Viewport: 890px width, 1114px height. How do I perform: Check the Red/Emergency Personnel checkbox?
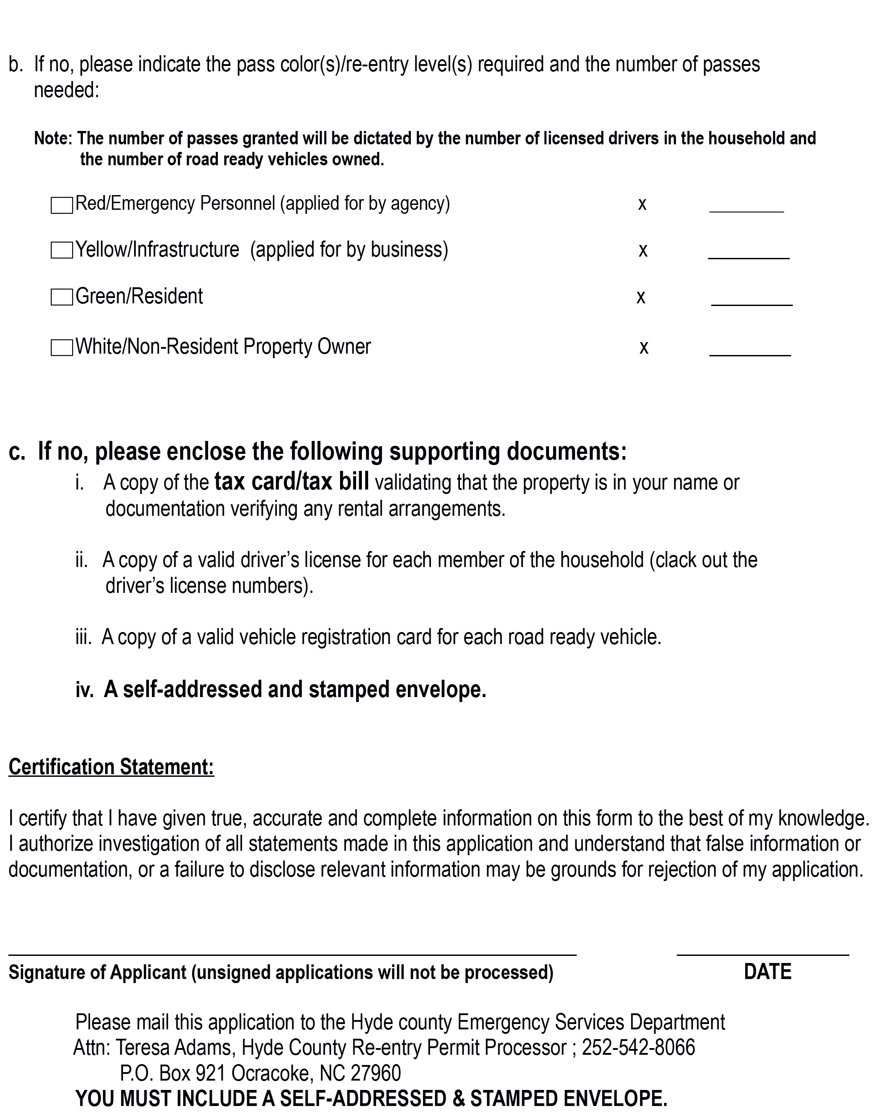click(62, 205)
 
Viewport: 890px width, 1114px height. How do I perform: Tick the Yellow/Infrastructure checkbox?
click(62, 251)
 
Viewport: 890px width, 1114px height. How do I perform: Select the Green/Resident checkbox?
click(62, 297)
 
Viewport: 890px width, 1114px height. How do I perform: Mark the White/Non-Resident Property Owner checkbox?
click(62, 348)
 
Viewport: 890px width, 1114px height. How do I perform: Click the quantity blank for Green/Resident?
click(751, 300)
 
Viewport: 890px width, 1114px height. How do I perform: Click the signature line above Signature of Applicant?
click(292, 955)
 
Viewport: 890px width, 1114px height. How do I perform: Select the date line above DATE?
click(763, 955)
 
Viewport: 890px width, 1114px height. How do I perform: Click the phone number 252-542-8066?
click(638, 1047)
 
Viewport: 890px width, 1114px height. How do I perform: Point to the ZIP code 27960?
click(376, 1073)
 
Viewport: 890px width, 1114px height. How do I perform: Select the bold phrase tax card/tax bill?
click(291, 482)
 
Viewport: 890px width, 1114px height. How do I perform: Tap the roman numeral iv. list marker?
click(85, 690)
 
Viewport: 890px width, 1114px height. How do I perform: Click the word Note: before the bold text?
click(53, 139)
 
